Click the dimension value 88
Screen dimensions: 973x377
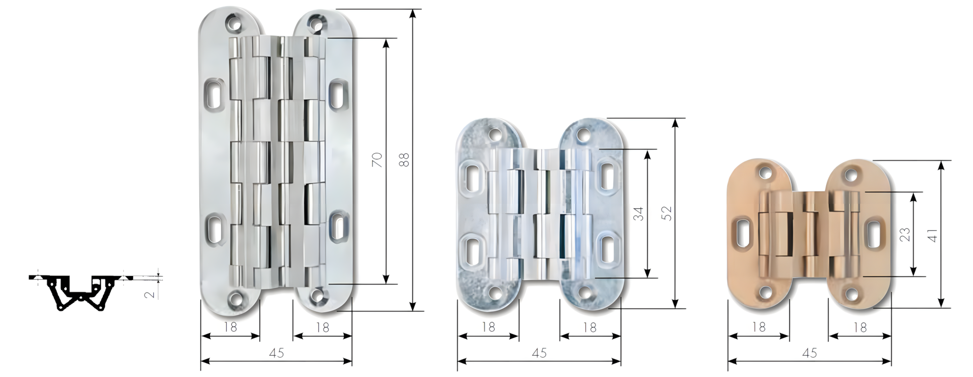point(404,160)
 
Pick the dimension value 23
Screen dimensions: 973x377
point(905,235)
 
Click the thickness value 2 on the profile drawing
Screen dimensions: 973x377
point(150,294)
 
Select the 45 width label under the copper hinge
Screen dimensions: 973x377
point(809,353)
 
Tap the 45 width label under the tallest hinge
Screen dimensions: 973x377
point(276,353)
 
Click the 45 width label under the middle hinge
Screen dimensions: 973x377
point(539,353)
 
